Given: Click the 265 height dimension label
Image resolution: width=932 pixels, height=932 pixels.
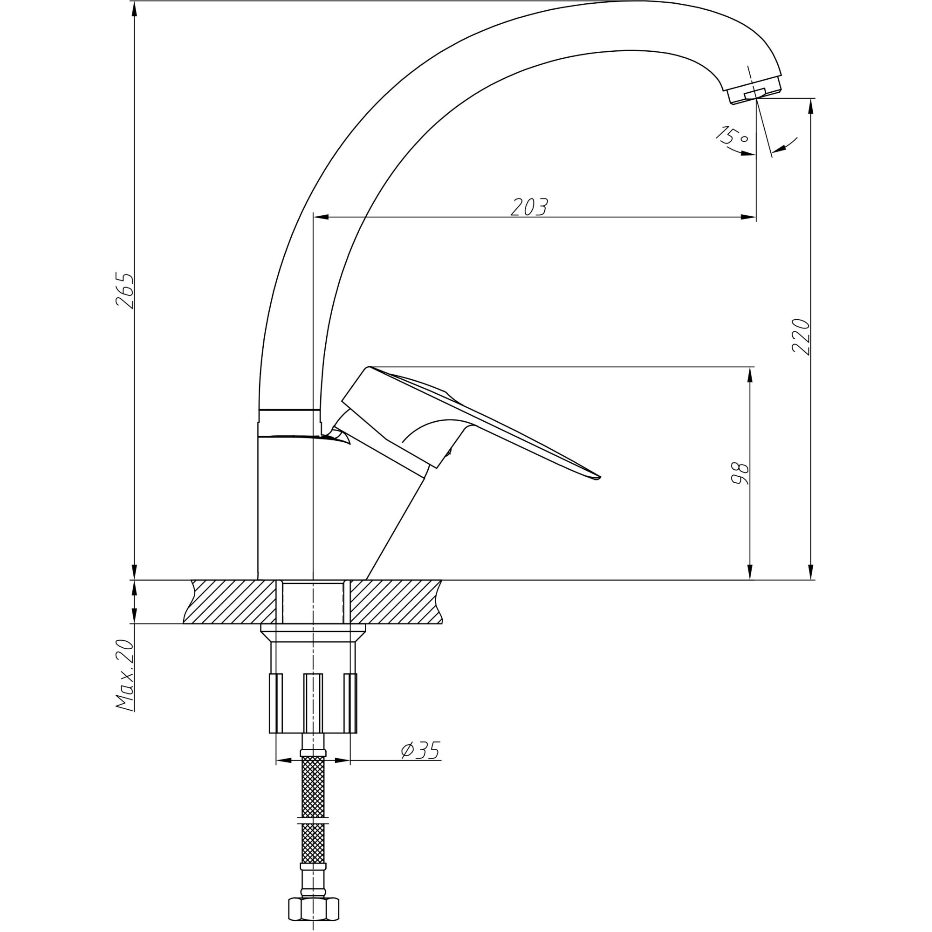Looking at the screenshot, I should tap(124, 290).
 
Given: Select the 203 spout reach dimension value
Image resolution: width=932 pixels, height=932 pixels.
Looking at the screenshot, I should tap(529, 207).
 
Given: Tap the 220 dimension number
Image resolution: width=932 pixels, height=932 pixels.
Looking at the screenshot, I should tap(801, 337).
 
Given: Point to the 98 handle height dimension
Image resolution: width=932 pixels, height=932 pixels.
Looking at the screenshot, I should tap(740, 473).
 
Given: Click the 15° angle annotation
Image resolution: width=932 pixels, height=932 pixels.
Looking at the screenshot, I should tap(731, 136).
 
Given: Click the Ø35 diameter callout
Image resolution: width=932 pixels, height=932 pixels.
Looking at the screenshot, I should tap(420, 750).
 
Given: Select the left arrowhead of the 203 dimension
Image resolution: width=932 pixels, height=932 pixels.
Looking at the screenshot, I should tap(321, 217).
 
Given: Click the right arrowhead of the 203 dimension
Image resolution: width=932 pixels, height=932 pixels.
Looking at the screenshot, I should tap(748, 217).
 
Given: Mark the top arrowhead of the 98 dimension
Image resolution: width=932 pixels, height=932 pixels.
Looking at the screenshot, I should tap(750, 374).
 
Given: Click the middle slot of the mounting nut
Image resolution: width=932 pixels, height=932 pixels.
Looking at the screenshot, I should tap(313, 702).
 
